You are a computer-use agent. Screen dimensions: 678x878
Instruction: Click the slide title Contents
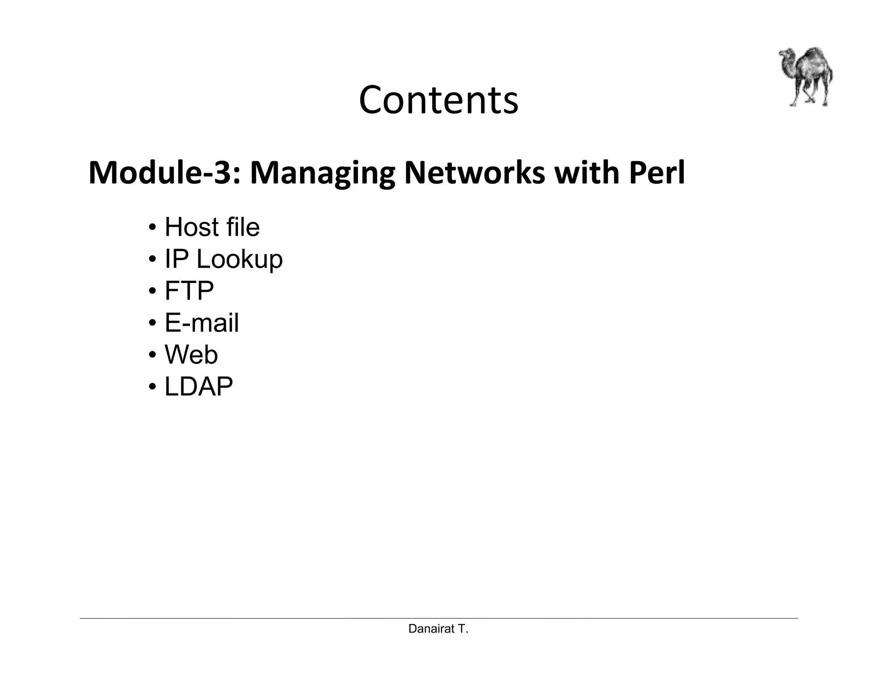pyautogui.click(x=438, y=100)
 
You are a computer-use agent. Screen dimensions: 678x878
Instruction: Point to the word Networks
pyautogui.click(x=475, y=173)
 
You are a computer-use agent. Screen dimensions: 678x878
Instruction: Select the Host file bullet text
pyautogui.click(x=212, y=227)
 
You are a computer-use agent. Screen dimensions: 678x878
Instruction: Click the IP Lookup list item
pyautogui.click(x=223, y=259)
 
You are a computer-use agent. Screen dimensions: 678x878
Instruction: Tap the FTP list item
pyautogui.click(x=189, y=291)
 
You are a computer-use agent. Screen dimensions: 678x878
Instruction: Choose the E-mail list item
pyautogui.click(x=201, y=323)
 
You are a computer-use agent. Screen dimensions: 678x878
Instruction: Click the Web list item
pyautogui.click(x=191, y=355)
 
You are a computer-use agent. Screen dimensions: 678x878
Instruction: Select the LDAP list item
pyautogui.click(x=198, y=387)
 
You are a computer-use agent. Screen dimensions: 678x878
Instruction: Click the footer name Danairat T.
pyautogui.click(x=438, y=629)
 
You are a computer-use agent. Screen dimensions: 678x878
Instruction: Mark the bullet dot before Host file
pyautogui.click(x=152, y=228)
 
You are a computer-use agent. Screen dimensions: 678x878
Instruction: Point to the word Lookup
pyautogui.click(x=240, y=259)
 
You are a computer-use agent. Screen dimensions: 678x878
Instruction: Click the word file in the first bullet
pyautogui.click(x=242, y=227)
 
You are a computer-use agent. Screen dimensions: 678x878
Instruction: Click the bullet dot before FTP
pyautogui.click(x=152, y=291)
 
